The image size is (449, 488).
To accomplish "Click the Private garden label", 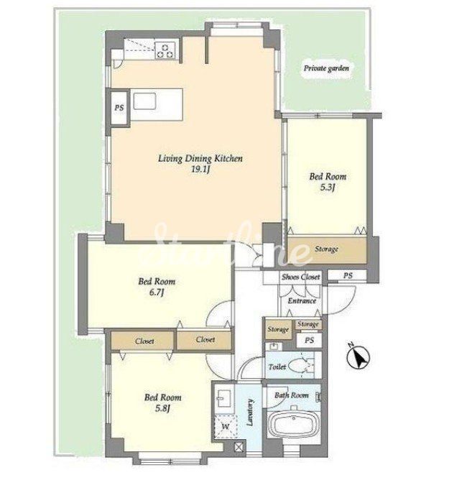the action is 326,68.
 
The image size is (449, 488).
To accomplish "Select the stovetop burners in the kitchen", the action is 165,50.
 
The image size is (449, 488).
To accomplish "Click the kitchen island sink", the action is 144,101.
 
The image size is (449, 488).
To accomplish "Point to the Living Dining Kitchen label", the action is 200,158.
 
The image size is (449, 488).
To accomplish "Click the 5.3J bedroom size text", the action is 328,188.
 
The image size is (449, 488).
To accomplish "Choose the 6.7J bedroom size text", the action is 157,293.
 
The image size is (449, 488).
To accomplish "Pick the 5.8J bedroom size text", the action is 162,408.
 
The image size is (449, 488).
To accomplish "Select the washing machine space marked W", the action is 226,426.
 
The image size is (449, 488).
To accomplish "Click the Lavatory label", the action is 249,412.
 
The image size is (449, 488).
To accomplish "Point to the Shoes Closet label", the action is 300,277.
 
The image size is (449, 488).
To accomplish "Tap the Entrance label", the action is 302,300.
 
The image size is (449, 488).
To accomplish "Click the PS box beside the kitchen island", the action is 119,108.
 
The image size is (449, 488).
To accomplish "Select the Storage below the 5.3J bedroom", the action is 326,250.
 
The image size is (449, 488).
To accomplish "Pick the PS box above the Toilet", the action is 309,340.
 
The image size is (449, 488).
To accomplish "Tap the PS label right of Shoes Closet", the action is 348,275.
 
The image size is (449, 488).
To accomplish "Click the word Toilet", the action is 277,367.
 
